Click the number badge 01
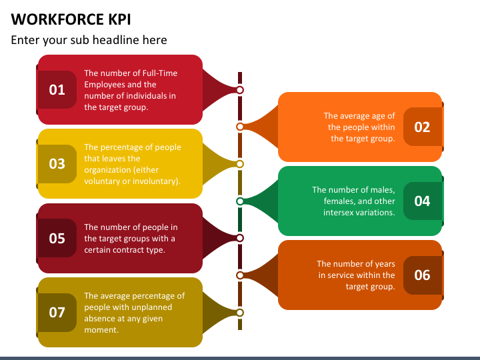(x=57, y=89)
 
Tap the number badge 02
(x=422, y=127)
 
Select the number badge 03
(x=57, y=163)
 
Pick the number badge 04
(x=422, y=201)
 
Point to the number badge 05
(x=57, y=238)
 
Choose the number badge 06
(x=422, y=275)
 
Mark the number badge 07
(x=57, y=312)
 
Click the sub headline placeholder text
(x=89, y=40)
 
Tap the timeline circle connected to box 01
(x=240, y=89)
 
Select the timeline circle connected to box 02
(x=240, y=127)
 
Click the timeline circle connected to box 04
(x=240, y=201)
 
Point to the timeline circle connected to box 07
(x=240, y=312)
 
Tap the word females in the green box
(x=342, y=201)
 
